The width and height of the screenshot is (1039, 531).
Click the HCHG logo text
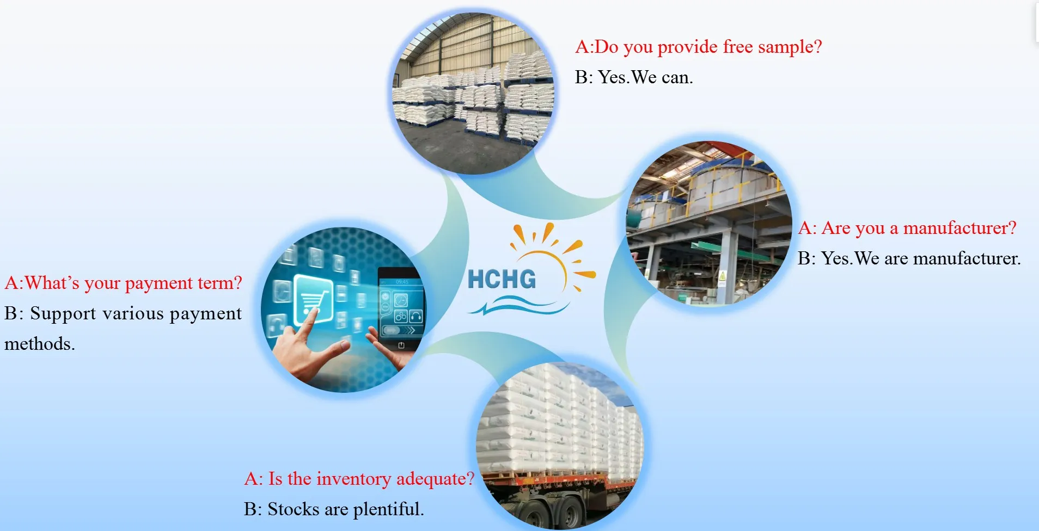(x=502, y=279)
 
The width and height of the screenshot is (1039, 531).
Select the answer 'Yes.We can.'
(x=645, y=78)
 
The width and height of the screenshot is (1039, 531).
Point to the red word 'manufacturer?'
(x=959, y=228)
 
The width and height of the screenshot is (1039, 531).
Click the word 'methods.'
(x=40, y=344)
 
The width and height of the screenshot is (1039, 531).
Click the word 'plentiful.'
(x=388, y=510)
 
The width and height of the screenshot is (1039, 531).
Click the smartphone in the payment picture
(x=401, y=311)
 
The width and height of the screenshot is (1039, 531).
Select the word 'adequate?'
(x=435, y=479)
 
